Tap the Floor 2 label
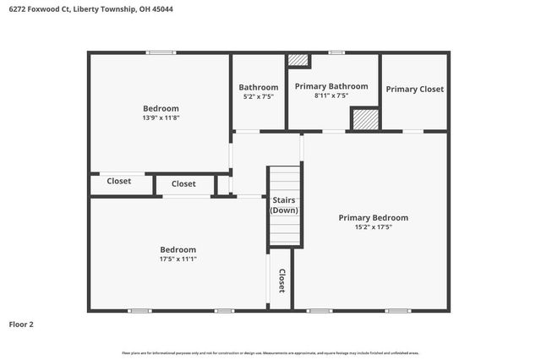click(21, 324)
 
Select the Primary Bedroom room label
click(373, 217)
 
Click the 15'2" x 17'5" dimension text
click(373, 227)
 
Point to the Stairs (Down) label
click(284, 205)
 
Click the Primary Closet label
click(414, 89)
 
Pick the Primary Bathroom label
click(331, 86)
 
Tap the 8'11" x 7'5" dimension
click(331, 95)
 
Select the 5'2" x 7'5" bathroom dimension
click(258, 96)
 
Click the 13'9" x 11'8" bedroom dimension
click(161, 118)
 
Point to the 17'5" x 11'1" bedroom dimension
click(178, 259)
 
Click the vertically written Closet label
click(281, 281)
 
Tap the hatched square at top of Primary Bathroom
click(298, 60)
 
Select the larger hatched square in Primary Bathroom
click(364, 119)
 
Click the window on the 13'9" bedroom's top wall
click(161, 52)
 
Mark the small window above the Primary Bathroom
click(336, 52)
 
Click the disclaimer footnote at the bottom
click(270, 352)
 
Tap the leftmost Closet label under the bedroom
click(118, 181)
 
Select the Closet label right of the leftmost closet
click(183, 183)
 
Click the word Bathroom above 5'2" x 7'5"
click(258, 87)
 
